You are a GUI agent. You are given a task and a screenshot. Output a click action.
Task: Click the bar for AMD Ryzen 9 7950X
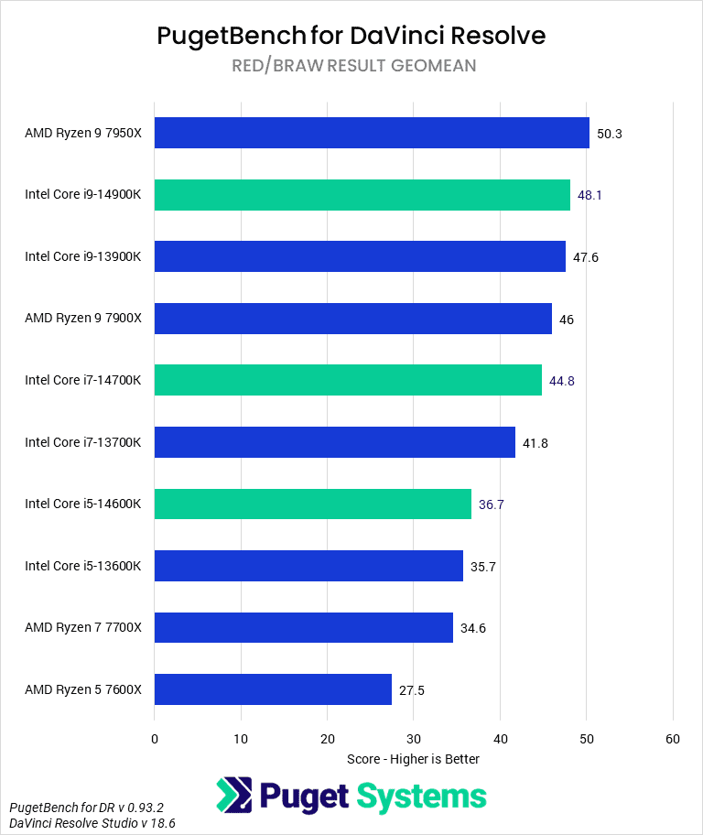pos(372,133)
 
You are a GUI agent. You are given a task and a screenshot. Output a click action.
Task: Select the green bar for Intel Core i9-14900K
pos(362,195)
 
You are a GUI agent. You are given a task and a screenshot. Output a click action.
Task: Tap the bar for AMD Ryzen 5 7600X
pos(273,689)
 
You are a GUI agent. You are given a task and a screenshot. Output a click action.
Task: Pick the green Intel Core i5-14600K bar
pos(313,504)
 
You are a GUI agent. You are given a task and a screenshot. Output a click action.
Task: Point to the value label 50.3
pos(610,134)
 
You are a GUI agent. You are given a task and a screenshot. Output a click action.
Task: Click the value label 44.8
pos(563,381)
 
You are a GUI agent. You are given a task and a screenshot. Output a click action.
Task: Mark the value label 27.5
pos(413,690)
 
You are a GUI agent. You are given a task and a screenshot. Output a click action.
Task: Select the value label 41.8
pos(536,442)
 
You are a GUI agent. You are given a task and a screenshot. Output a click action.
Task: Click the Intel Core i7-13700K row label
pos(83,442)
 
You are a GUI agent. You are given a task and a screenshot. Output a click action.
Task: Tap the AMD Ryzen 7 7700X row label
pos(83,628)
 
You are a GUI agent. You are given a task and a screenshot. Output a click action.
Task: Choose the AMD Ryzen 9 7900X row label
pos(83,319)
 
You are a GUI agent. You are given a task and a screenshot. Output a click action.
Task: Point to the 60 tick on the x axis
pos(673,738)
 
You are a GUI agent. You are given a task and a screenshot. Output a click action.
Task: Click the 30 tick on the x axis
pos(414,738)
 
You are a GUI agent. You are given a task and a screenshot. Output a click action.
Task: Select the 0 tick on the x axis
pos(155,738)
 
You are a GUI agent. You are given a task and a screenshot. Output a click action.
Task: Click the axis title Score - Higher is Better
pos(414,759)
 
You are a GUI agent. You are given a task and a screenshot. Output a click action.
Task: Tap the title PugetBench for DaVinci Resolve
pos(351,35)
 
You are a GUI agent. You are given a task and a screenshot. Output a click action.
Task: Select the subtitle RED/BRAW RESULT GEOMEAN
pos(351,66)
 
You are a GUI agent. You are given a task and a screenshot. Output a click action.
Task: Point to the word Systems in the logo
pos(420,796)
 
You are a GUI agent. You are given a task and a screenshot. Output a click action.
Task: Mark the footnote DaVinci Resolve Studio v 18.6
pos(92,824)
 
